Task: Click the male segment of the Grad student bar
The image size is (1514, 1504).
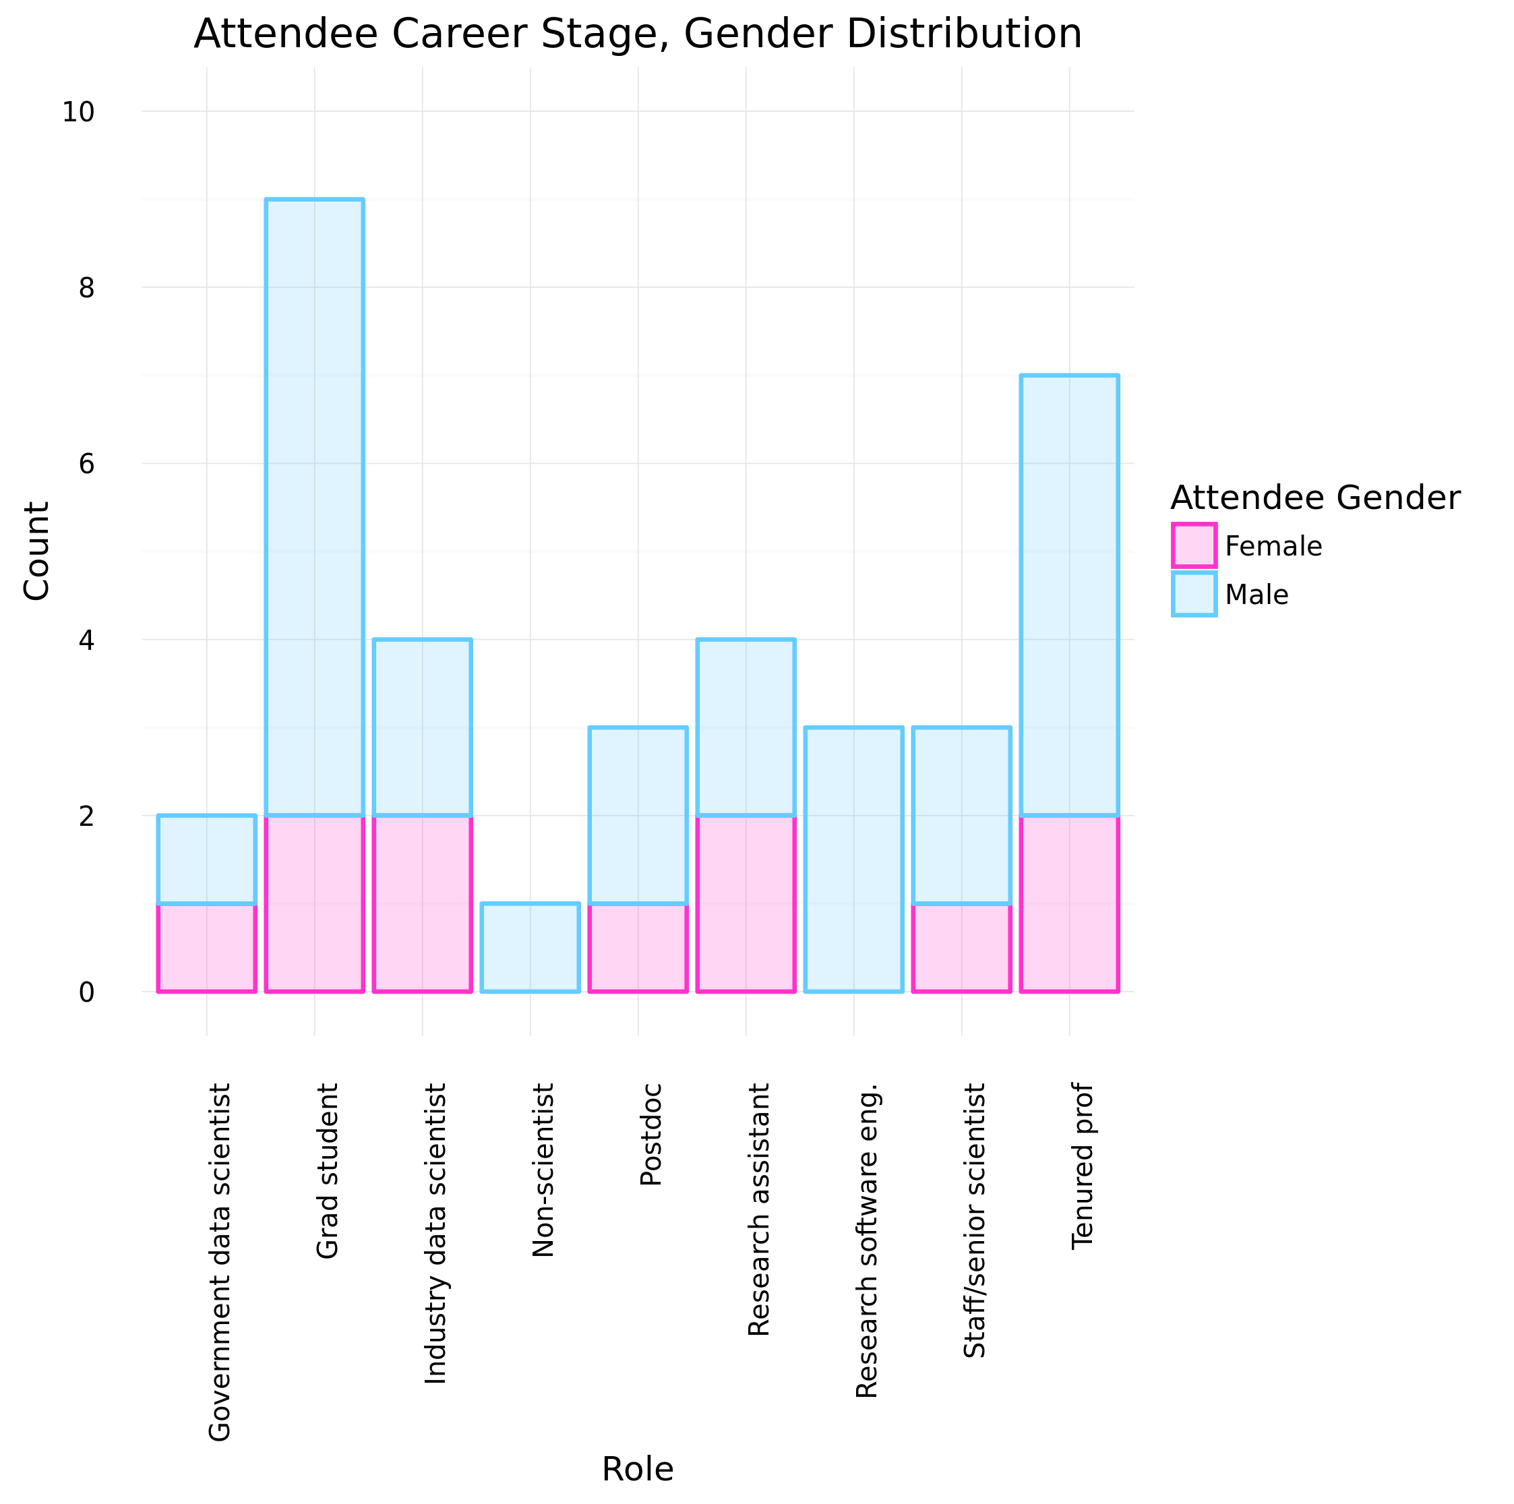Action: click(x=314, y=507)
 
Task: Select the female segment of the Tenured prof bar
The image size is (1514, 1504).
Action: click(x=1069, y=903)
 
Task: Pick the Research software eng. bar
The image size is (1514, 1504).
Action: click(x=853, y=859)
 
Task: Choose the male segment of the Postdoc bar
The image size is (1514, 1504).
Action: click(x=638, y=815)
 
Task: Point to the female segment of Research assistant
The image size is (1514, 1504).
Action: click(x=746, y=903)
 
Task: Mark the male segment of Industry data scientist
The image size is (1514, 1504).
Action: click(x=423, y=727)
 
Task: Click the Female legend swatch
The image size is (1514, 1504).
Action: click(x=1194, y=545)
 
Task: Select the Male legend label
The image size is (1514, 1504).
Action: click(x=1256, y=595)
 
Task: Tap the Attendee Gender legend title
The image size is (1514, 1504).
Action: click(x=1315, y=498)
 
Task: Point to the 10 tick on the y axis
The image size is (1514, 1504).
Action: click(x=78, y=112)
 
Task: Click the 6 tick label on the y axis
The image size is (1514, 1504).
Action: click(x=86, y=464)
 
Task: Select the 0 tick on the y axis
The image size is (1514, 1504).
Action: click(x=86, y=992)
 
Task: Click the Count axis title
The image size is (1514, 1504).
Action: click(x=36, y=551)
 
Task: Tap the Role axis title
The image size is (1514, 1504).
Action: click(x=637, y=1469)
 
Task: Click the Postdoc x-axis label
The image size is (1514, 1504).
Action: click(x=651, y=1134)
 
